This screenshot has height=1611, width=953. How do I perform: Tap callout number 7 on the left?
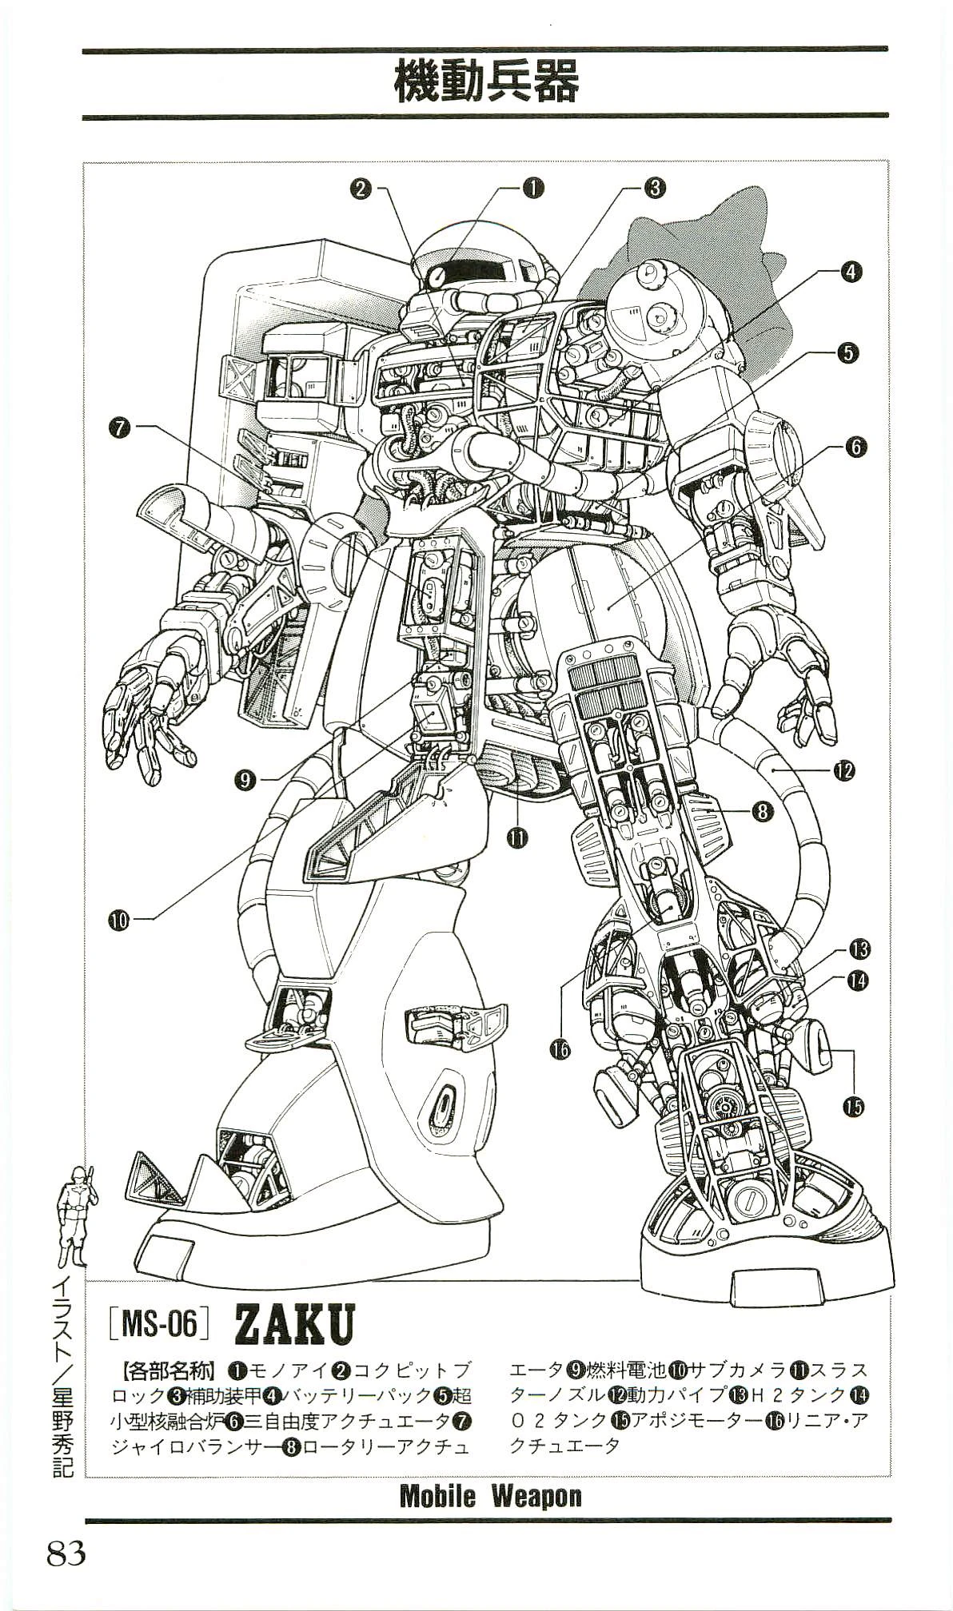[x=120, y=429]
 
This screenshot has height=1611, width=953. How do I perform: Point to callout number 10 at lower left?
[x=120, y=920]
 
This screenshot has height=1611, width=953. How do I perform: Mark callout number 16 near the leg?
[x=560, y=1048]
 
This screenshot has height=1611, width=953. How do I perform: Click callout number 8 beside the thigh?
[x=761, y=812]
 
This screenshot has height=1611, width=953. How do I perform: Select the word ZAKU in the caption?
[x=293, y=1325]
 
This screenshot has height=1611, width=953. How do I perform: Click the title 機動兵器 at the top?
[x=485, y=83]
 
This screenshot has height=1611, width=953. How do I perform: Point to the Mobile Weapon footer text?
[x=490, y=1495]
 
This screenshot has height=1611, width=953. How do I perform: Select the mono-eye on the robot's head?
[x=437, y=277]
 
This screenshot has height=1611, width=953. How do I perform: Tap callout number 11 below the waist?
[x=518, y=837]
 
